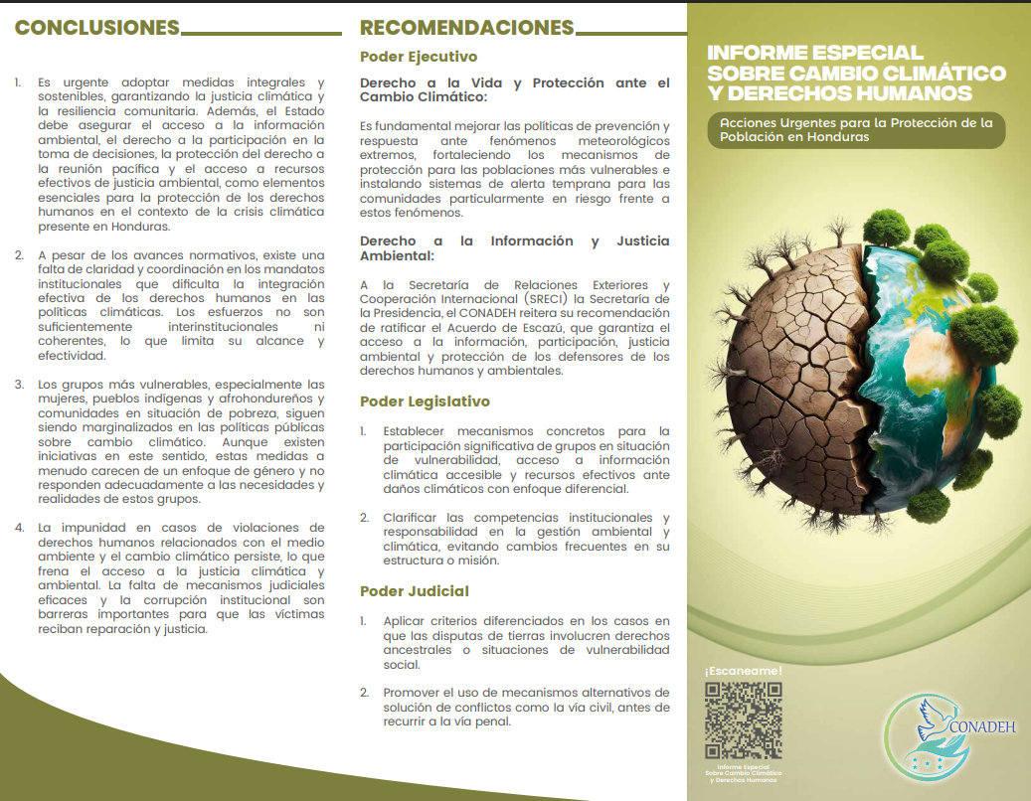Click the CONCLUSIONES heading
97,28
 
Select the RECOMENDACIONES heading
467,28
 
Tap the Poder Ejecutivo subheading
419,57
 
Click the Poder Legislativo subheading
425,401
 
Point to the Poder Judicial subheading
415,591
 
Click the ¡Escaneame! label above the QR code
743,671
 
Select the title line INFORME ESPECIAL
815,53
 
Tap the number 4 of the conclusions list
19,527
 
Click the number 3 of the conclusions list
19,384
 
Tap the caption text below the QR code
743,773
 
